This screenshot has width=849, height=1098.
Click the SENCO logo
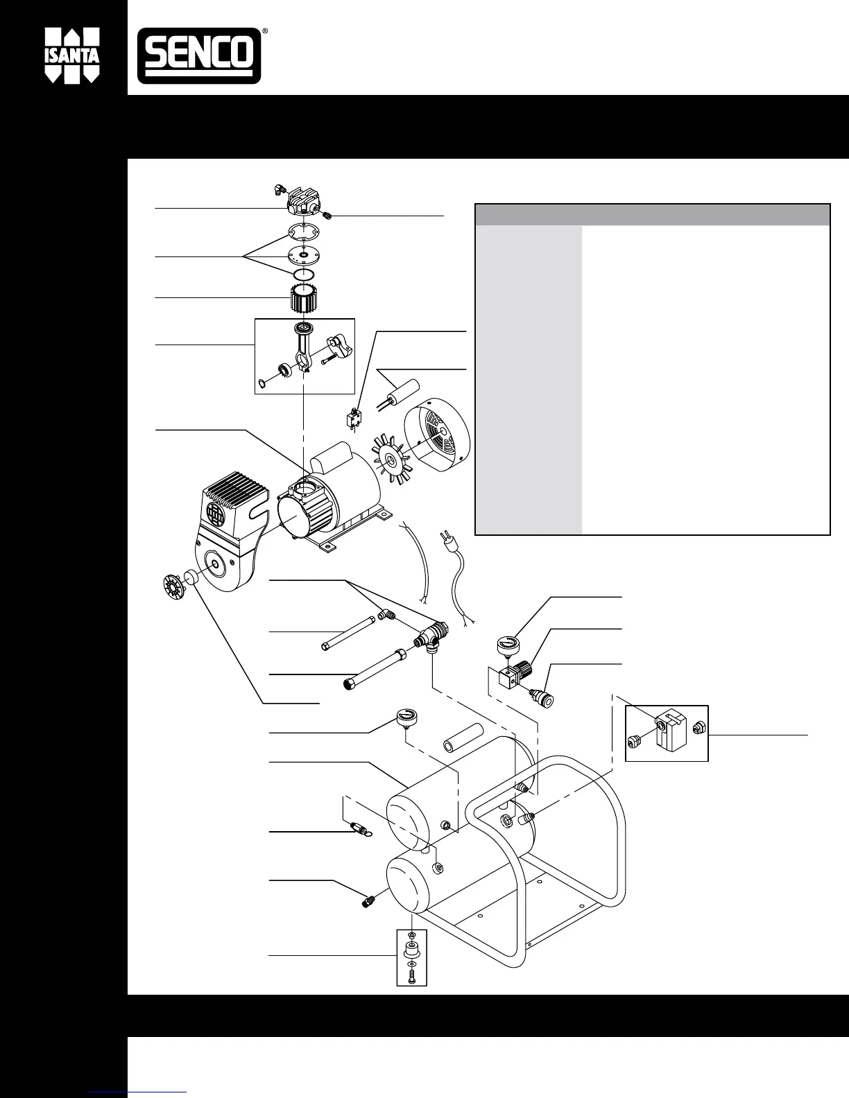[x=198, y=56]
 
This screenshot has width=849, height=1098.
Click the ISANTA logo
[x=72, y=56]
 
